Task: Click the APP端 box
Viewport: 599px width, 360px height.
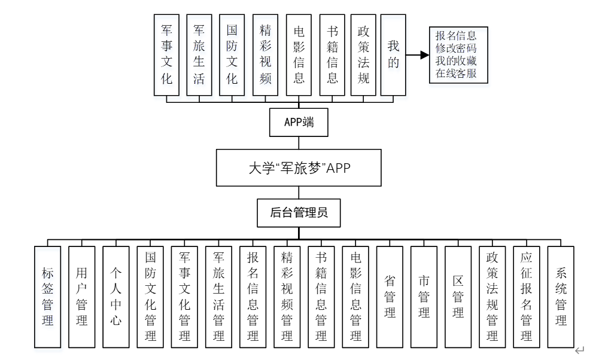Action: pos(299,123)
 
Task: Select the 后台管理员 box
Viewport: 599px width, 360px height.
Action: pos(299,213)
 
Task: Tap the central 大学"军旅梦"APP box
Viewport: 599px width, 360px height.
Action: pos(299,167)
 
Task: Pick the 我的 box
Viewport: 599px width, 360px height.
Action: pos(393,56)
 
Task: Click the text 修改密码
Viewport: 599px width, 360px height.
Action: pos(456,48)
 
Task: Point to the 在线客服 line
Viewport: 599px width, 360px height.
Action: pos(456,74)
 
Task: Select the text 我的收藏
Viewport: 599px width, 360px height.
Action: pos(456,61)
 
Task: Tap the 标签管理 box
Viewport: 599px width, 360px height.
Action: pos(48,297)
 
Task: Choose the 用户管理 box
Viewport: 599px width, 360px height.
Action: pos(82,297)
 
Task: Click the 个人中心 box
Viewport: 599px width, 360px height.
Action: pos(116,297)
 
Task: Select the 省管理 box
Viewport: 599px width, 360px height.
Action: pos(390,297)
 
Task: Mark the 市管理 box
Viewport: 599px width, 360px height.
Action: pos(424,297)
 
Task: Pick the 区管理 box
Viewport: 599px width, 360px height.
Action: pos(458,297)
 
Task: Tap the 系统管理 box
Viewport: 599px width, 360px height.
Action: pos(561,297)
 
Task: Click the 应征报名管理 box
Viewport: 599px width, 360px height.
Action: pos(527,297)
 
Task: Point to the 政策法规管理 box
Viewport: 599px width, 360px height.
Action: pos(492,297)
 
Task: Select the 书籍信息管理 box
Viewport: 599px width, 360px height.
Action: pos(321,297)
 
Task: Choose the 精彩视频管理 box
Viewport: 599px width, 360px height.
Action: pos(287,297)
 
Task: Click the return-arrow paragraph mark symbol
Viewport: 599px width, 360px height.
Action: pos(579,350)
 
